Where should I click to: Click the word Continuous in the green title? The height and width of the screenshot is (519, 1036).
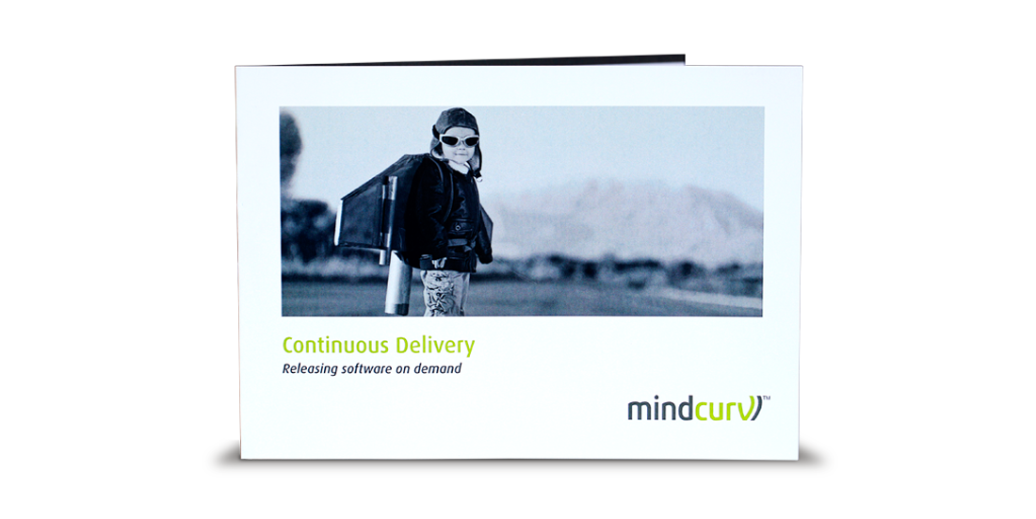(x=336, y=345)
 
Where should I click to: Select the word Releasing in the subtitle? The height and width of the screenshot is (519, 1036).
(x=309, y=369)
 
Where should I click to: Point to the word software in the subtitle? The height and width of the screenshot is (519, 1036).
(x=366, y=369)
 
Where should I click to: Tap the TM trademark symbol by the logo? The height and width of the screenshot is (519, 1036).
(x=767, y=398)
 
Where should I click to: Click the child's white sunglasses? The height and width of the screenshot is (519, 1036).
(x=459, y=140)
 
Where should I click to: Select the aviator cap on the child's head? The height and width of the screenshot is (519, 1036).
(x=456, y=125)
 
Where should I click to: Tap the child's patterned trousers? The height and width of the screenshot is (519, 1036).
(x=445, y=292)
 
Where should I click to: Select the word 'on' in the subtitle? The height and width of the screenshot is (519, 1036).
(x=403, y=370)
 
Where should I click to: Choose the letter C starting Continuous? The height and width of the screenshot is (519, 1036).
(x=287, y=346)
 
